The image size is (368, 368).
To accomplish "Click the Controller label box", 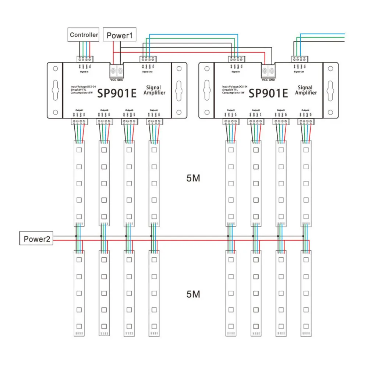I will click(84, 35).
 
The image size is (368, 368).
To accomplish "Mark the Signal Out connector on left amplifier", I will click(149, 59).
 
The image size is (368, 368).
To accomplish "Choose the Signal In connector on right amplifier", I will click(236, 59).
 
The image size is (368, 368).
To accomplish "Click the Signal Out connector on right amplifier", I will click(300, 59).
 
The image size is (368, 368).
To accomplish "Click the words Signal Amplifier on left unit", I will click(156, 90).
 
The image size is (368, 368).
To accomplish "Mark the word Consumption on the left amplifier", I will click(78, 93).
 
